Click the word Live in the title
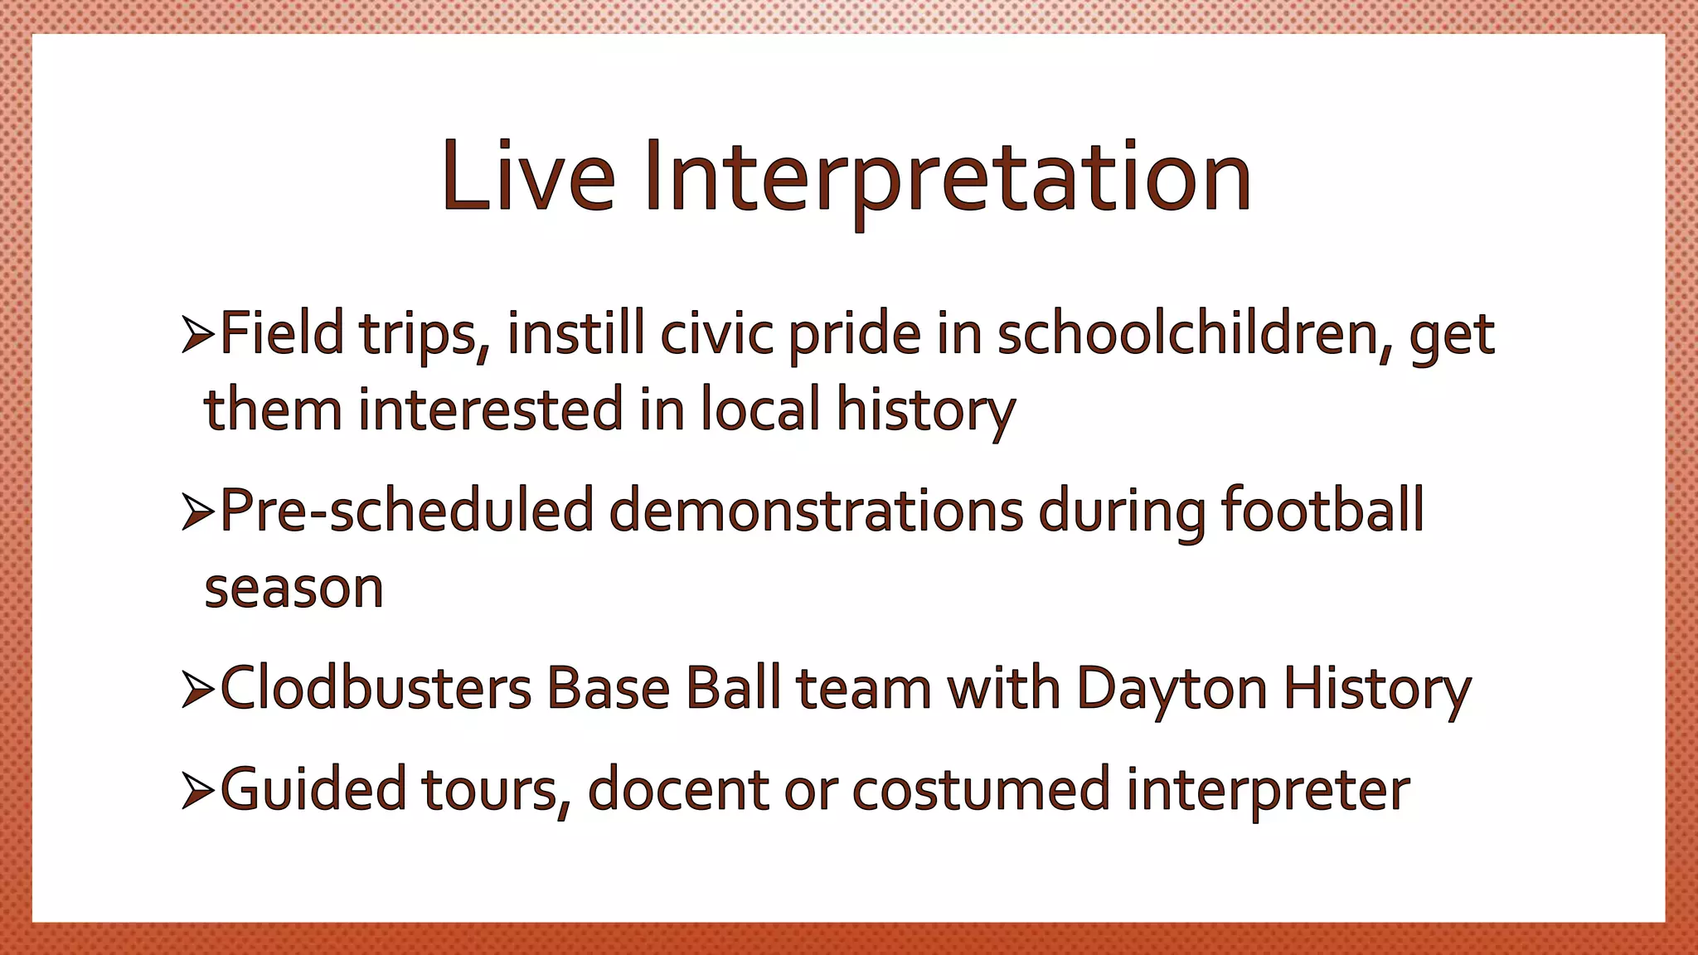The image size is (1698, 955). pyautogui.click(x=529, y=177)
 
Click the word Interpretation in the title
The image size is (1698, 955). pyautogui.click(x=947, y=177)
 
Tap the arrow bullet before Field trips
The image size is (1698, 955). pyautogui.click(x=198, y=336)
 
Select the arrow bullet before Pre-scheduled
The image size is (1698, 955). pyautogui.click(x=198, y=512)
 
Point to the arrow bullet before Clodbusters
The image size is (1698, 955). pyautogui.click(x=198, y=691)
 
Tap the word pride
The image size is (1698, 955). pyautogui.click(x=854, y=336)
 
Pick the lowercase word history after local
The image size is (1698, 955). pyautogui.click(x=925, y=410)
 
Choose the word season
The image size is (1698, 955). pyautogui.click(x=294, y=589)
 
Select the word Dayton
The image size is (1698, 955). pyautogui.click(x=1172, y=691)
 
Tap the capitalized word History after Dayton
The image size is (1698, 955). pyautogui.click(x=1377, y=691)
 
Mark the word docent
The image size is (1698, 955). pyautogui.click(x=678, y=789)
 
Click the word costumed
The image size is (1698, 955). pyautogui.click(x=981, y=789)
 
